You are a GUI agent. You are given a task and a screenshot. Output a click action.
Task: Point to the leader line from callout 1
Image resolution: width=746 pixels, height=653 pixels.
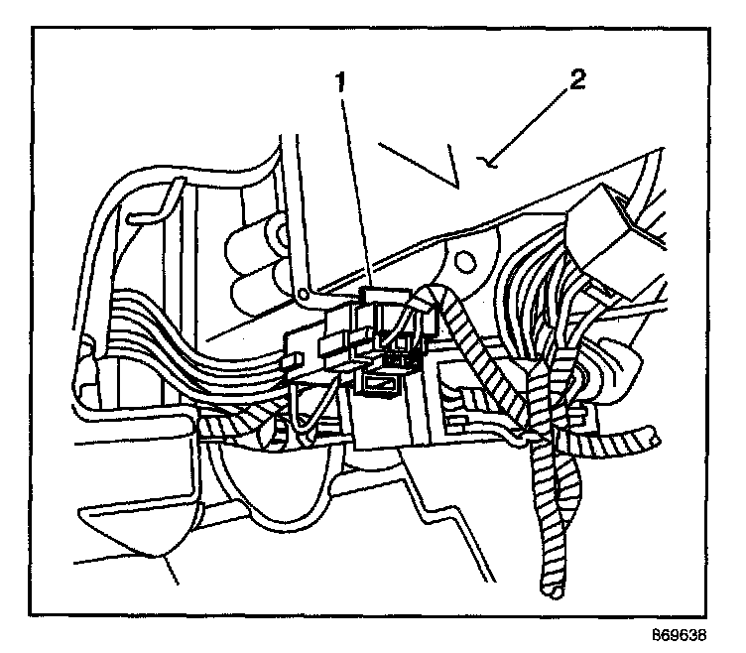[356, 189]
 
